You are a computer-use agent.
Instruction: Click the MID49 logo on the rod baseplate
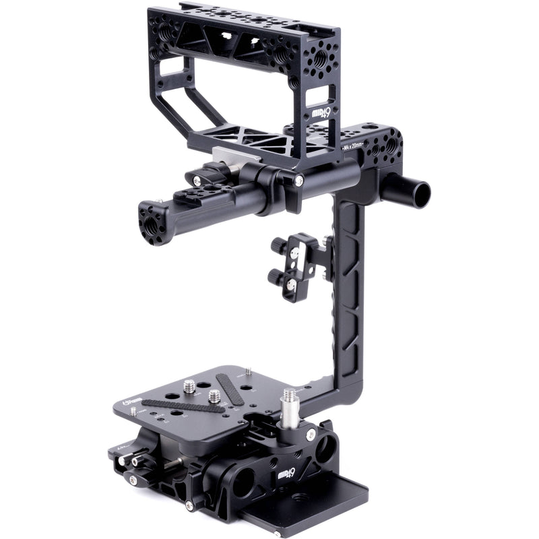point(287,476)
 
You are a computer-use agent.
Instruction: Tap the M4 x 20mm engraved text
point(351,146)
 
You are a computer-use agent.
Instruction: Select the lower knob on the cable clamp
point(275,276)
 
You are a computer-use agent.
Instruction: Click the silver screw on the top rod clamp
point(298,181)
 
